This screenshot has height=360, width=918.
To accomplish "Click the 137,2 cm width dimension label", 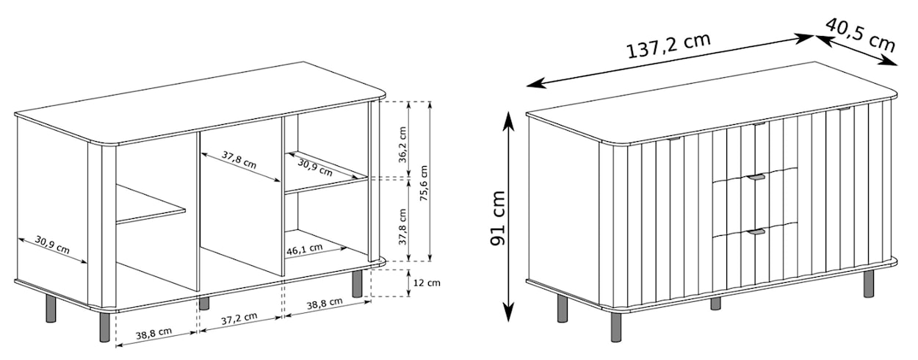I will click(668, 46).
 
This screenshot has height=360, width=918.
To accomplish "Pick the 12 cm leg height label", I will click(425, 282).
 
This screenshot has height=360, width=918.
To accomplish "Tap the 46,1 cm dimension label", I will click(305, 249).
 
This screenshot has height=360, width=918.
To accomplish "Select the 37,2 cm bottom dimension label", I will click(239, 317).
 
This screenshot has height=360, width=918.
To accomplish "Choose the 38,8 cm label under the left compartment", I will click(153, 331).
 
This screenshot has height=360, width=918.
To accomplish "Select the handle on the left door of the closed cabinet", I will click(674, 137).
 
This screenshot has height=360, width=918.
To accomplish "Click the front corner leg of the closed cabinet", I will click(615, 327).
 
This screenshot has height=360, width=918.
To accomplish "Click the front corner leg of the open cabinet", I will click(105, 326).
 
